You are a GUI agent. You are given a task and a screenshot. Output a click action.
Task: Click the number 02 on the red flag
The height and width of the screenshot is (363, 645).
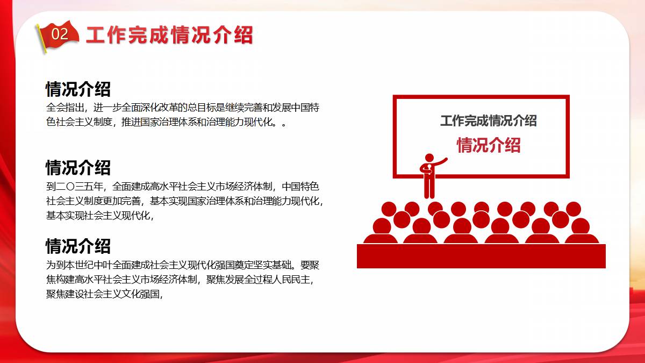[60, 34]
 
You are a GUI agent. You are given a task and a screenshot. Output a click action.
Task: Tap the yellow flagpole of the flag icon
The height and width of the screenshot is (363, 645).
[41, 39]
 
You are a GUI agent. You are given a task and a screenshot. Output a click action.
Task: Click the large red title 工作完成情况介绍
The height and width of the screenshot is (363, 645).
[169, 35]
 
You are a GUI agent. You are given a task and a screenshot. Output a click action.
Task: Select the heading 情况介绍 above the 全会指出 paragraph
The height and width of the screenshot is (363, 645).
[78, 89]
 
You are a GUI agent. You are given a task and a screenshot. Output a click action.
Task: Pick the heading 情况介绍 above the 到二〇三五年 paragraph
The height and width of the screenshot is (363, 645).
[78, 168]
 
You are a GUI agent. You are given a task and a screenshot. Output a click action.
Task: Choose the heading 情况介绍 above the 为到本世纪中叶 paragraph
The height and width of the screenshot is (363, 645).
[78, 246]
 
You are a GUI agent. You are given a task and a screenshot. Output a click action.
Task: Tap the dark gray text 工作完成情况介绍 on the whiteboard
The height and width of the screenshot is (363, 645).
[489, 120]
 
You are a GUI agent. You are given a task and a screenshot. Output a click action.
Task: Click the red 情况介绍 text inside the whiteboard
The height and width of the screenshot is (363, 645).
[489, 145]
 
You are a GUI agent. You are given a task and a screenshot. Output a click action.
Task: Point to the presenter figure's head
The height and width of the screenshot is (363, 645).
[429, 158]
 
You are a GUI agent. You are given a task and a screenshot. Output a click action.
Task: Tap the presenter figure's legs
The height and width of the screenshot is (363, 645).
[429, 187]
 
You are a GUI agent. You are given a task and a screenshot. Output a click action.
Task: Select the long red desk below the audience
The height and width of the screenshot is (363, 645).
[481, 256]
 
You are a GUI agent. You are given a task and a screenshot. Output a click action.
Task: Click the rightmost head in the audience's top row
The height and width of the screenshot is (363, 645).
[574, 209]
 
